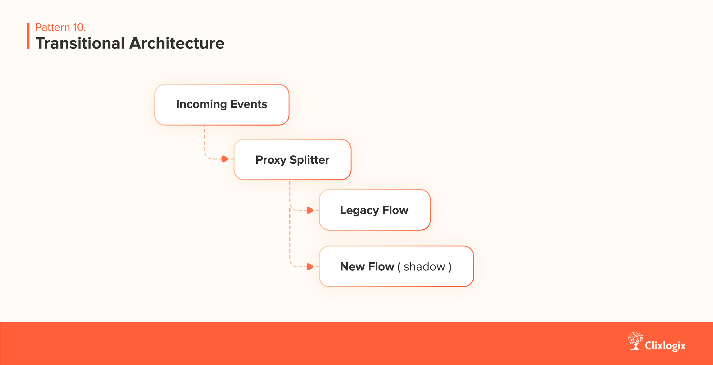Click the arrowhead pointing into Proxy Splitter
pos(225,159)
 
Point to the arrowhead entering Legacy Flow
pos(310,210)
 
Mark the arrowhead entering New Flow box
pos(310,267)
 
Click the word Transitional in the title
pos(80,43)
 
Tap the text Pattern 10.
pos(60,27)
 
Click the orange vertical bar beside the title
pos(28,36)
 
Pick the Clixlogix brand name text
pos(665,346)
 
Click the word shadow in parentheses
pos(424,267)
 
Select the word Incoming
pos(201,104)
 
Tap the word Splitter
pos(309,160)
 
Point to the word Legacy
pos(359,210)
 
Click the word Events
pos(249,104)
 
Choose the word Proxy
pos(271,160)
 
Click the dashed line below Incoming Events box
pos(205,141)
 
